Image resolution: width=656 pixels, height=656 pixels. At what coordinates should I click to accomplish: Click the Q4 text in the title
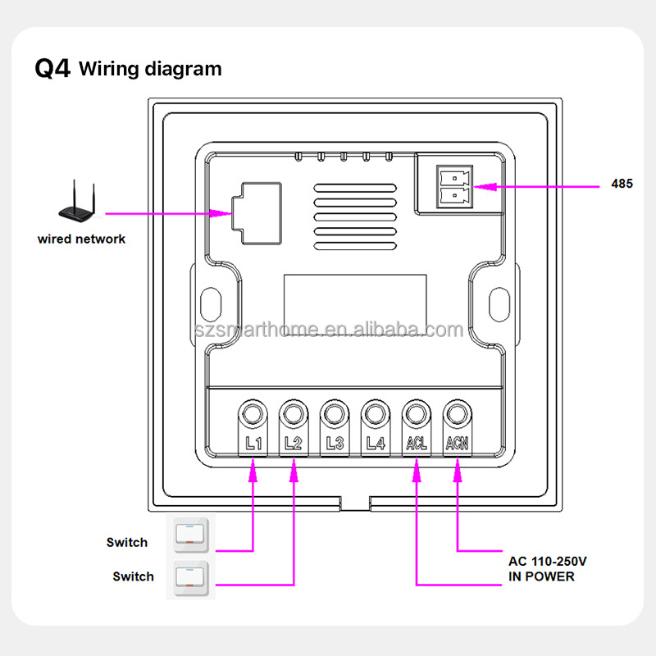tap(52, 68)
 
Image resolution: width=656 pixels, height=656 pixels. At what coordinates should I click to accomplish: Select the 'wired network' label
tap(81, 239)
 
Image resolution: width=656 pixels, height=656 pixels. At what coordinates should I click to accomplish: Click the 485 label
tap(622, 184)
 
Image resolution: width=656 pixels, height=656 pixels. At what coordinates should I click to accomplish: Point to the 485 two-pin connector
tap(454, 185)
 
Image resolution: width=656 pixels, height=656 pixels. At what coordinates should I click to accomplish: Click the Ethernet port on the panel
tap(255, 212)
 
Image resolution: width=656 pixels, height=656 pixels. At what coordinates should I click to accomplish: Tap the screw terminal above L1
tap(253, 412)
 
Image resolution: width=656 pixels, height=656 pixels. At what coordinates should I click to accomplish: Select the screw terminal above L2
tap(293, 412)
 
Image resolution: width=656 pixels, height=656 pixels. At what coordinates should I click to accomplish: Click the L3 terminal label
tap(334, 444)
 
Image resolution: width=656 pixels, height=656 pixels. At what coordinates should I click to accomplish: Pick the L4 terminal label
tap(375, 444)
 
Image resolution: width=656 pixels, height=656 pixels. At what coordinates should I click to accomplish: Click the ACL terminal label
tap(416, 444)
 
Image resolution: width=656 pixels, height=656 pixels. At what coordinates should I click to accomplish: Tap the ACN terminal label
tap(457, 444)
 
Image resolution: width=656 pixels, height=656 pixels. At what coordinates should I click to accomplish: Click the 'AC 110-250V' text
tap(547, 562)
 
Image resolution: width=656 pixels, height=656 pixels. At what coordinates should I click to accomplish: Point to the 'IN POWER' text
tap(541, 576)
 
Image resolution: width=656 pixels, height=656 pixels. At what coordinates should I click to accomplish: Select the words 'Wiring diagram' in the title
tap(150, 69)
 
